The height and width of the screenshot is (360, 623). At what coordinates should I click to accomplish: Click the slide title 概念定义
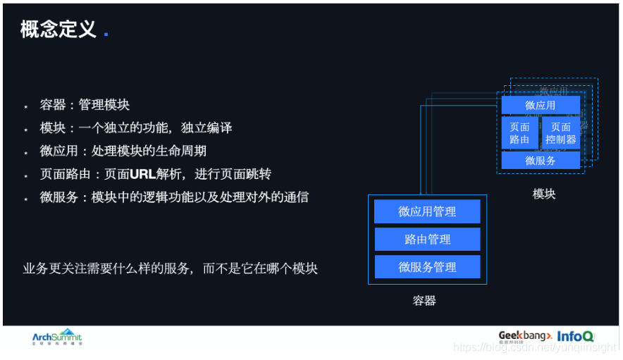58,30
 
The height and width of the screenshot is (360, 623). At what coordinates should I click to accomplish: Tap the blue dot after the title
106,34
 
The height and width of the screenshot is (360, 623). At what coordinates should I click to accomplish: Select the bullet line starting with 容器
85,105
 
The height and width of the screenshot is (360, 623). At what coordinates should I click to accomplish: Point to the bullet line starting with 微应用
123,151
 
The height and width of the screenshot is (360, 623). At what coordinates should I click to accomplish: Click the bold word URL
144,175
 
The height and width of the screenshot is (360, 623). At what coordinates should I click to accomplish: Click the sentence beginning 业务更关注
170,268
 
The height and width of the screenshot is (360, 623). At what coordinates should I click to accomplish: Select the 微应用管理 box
427,211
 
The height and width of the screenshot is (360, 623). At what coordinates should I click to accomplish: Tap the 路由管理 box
427,240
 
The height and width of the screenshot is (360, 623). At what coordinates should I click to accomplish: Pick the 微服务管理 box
427,267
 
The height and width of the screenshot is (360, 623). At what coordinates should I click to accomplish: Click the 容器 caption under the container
424,301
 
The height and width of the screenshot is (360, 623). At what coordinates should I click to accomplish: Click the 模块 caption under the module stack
544,194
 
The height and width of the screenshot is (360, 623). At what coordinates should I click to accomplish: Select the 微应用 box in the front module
541,106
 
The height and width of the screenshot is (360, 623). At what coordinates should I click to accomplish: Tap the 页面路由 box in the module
520,133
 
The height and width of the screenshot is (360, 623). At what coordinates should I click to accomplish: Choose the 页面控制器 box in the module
561,133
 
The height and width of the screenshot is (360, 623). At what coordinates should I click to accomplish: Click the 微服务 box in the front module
541,161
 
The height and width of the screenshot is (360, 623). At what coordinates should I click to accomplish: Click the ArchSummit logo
57,337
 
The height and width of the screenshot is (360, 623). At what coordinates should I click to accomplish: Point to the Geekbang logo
524,336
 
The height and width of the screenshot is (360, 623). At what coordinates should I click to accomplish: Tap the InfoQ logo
576,337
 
